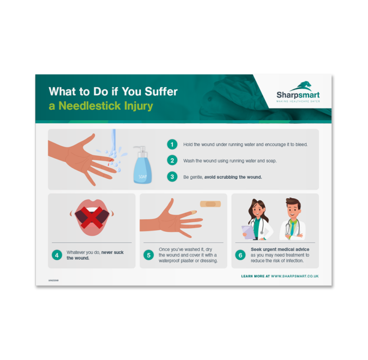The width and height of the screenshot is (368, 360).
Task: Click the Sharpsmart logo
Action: (298, 92)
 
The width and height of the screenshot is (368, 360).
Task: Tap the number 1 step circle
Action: (172, 144)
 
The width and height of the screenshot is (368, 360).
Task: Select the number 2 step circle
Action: (172, 161)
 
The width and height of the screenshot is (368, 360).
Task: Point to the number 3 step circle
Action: (172, 177)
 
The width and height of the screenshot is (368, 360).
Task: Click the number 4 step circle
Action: (57, 255)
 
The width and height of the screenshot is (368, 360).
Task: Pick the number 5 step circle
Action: (149, 255)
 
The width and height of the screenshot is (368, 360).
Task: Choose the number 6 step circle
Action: (240, 255)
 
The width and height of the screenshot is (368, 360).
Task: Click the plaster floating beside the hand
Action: (210, 204)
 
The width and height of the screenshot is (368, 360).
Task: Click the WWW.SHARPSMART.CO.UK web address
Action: (294, 276)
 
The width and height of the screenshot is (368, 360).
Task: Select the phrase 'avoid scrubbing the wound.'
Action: (233, 177)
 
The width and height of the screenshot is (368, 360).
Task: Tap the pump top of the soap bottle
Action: (141, 150)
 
